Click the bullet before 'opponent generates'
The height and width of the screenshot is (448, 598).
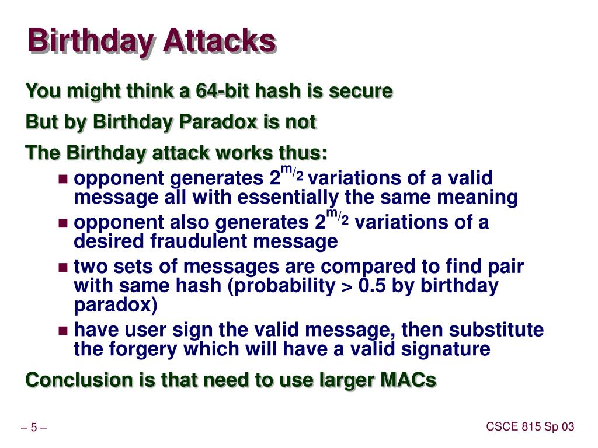[64, 178]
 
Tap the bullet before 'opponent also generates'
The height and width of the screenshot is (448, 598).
[64, 223]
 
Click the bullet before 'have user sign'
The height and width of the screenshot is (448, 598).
[64, 331]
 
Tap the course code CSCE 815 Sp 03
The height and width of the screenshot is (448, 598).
[530, 427]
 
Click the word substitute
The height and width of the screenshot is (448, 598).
[497, 331]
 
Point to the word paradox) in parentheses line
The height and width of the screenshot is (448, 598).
[116, 305]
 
